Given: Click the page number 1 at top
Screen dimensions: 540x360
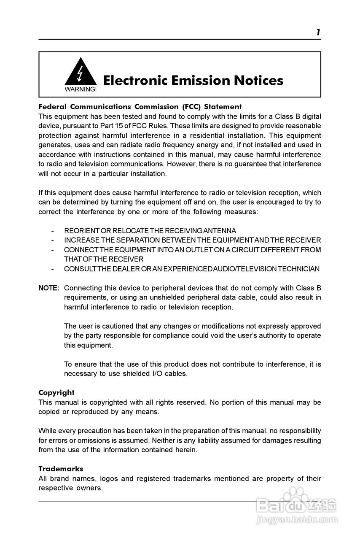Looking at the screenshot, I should [318, 32].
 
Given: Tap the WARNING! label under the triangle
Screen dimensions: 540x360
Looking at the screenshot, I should [80, 89].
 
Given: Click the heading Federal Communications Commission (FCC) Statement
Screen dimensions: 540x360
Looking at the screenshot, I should [140, 107].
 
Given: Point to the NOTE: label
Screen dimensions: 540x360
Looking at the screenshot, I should [49, 288].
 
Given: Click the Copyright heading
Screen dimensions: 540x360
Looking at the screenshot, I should [56, 393].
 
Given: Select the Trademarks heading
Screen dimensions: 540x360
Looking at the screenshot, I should [61, 469].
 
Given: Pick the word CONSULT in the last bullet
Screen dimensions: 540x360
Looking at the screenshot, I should [80, 269].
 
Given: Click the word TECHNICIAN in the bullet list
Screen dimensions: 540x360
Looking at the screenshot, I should [299, 269].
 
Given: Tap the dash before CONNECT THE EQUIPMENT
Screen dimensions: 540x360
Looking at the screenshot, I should [52, 250].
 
